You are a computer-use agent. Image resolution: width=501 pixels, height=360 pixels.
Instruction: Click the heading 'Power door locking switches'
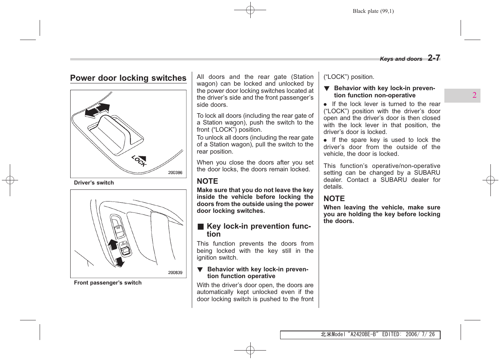pos(128,78)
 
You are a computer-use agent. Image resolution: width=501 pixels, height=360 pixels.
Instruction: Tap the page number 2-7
pos(434,58)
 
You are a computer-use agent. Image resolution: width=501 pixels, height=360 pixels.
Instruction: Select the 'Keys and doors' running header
pos(401,59)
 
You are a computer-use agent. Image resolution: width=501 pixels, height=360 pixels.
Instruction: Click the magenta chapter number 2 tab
pos(474,95)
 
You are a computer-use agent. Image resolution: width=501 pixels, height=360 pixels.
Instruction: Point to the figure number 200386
pos(175,173)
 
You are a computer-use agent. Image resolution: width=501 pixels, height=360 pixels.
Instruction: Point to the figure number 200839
pos(175,272)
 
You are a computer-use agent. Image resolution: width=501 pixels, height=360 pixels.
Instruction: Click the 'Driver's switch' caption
pos(94,183)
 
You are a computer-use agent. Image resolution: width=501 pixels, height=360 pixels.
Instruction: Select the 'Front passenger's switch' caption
pos(108,283)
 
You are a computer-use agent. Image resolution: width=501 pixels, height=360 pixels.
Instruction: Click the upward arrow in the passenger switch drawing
pos(113,244)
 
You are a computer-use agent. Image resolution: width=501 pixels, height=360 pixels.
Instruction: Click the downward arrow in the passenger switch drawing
pos(120,262)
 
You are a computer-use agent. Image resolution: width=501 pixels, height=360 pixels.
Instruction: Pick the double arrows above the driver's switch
pos(97,110)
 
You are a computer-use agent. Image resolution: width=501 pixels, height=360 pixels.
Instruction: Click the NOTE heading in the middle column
pos(207,181)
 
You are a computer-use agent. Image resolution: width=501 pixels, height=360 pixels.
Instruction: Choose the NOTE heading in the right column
pos(334,198)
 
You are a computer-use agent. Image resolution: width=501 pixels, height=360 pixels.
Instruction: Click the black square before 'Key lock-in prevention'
pos(200,226)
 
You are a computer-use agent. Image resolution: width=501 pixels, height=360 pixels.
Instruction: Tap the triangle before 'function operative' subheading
pos(200,269)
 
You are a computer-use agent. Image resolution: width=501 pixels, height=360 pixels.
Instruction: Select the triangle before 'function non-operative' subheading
pos(327,88)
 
